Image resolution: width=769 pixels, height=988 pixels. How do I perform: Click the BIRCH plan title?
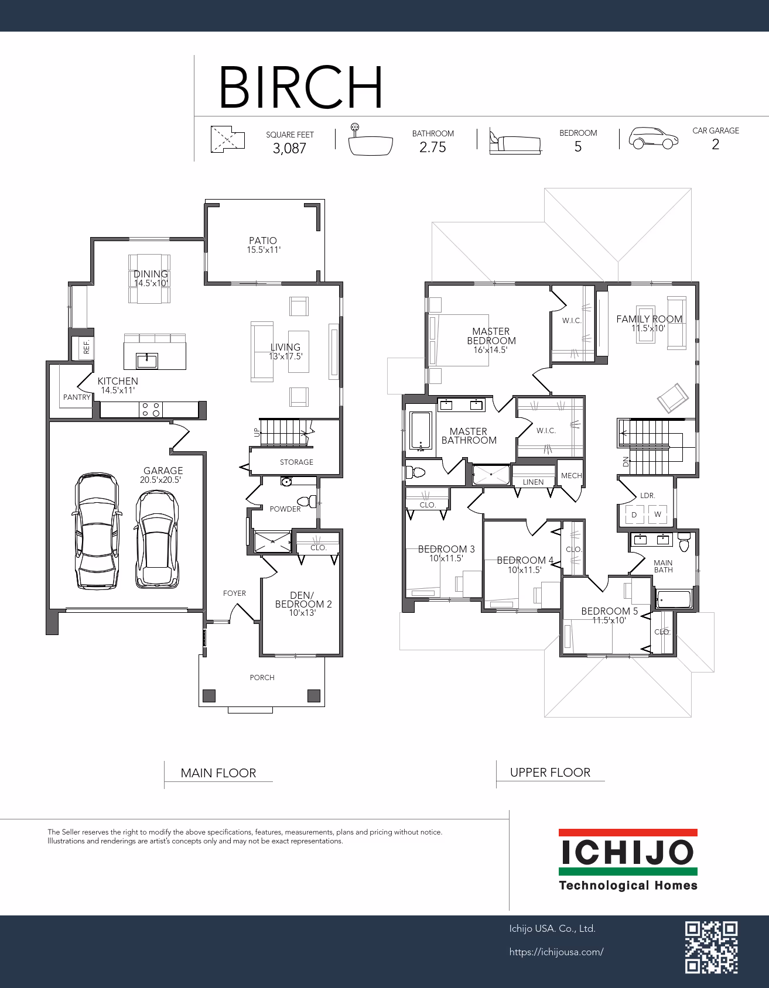301,87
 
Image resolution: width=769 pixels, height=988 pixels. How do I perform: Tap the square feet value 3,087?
289,149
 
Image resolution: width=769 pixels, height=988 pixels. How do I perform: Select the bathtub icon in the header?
370,140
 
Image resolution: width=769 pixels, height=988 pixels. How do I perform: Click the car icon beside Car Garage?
654,139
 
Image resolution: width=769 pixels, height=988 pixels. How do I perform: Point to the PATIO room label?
263,241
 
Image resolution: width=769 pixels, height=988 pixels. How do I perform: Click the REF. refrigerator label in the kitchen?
87,347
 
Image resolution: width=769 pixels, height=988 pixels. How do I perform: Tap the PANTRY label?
77,397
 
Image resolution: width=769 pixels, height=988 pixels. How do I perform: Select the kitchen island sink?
146,361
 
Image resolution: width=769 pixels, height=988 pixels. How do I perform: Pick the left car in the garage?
97,531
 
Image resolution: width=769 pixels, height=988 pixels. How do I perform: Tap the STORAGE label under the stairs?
296,462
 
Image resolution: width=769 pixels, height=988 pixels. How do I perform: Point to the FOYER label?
234,594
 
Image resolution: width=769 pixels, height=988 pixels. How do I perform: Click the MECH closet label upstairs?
571,476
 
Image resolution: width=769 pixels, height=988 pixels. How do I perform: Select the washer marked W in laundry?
658,514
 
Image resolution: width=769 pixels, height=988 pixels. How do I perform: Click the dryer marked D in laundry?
634,514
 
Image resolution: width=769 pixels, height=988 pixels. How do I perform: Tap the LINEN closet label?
533,482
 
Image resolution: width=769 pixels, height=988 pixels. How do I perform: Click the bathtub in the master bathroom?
420,431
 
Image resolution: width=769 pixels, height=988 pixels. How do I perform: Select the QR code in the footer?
711,947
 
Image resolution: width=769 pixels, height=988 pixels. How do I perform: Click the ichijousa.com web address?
556,952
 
